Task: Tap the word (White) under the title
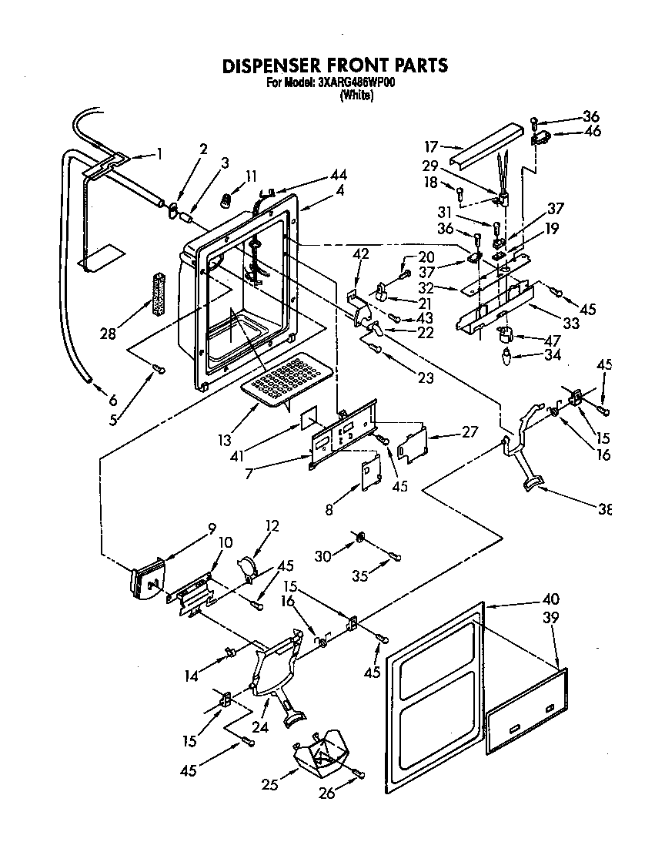pyautogui.click(x=356, y=96)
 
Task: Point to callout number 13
pyautogui.click(x=224, y=441)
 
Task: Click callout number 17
pyautogui.click(x=430, y=146)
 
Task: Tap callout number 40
pyautogui.click(x=572, y=599)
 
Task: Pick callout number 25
pyautogui.click(x=269, y=784)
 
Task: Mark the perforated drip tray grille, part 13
pyautogui.click(x=288, y=377)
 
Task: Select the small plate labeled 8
pyautogui.click(x=370, y=475)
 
